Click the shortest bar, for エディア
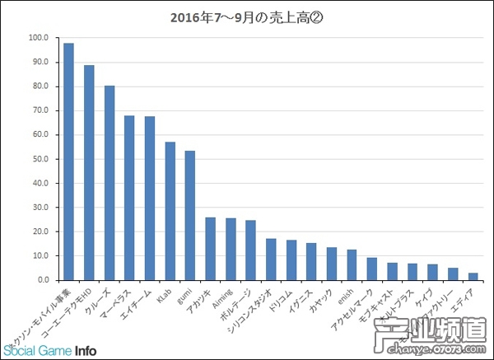[x=473, y=277]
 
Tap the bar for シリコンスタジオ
[x=271, y=259]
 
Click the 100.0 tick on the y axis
[x=38, y=38]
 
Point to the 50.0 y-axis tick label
[x=40, y=159]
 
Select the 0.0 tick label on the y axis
[x=42, y=280]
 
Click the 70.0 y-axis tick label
[x=40, y=110]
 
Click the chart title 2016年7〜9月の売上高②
[x=246, y=15]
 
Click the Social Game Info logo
[x=49, y=347]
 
